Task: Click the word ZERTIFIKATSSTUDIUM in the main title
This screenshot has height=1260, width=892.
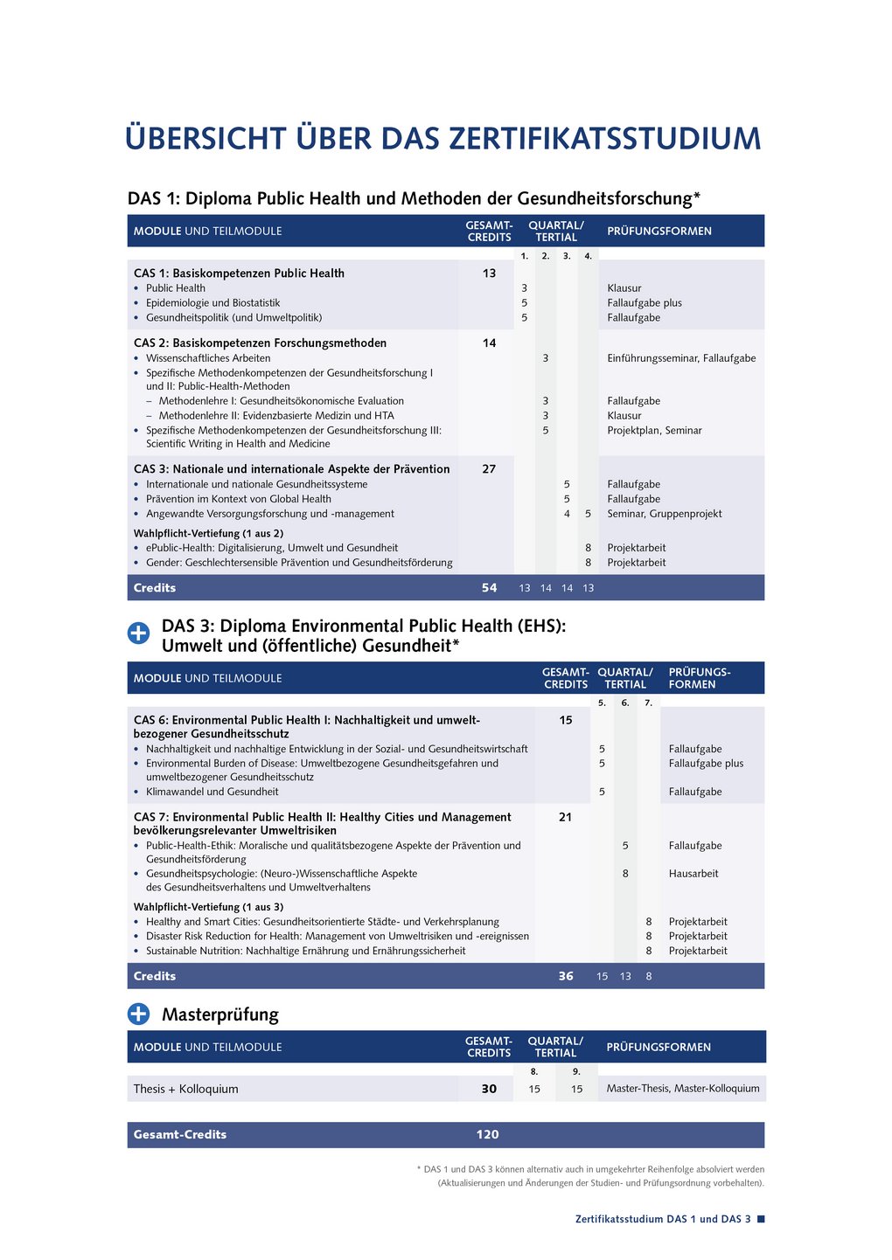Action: click(x=604, y=139)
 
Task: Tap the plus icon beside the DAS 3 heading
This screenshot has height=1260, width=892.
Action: click(x=139, y=633)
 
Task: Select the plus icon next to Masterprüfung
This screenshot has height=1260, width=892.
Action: click(x=139, y=1014)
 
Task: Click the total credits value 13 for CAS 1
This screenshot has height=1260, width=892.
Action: click(x=489, y=273)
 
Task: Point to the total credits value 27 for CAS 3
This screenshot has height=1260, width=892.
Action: click(x=489, y=469)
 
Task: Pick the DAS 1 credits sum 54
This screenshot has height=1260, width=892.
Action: click(x=489, y=588)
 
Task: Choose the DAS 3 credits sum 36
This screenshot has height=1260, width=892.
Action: click(x=566, y=976)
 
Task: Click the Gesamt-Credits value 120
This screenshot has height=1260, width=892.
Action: click(x=487, y=1134)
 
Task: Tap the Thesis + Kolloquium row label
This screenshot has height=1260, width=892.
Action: click(x=185, y=1089)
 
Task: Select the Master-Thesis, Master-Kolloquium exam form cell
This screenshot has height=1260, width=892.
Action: click(x=683, y=1089)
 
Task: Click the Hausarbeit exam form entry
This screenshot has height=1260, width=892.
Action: click(x=693, y=873)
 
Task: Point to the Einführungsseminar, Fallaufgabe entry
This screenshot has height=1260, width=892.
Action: click(x=681, y=358)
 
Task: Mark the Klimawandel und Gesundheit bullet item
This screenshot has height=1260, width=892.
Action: click(x=212, y=792)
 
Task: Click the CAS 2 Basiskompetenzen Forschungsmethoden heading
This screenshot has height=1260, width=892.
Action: click(x=260, y=343)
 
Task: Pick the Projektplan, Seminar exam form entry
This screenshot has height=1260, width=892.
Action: click(x=654, y=430)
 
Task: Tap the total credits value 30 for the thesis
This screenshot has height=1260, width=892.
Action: click(x=489, y=1089)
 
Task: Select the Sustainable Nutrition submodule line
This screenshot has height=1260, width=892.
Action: click(x=305, y=951)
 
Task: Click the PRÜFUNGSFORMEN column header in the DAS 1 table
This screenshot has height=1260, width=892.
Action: click(x=659, y=232)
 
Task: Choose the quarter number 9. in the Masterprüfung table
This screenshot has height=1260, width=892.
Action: click(x=576, y=1071)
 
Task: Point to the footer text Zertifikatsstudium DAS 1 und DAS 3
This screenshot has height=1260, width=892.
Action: click(x=663, y=1219)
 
